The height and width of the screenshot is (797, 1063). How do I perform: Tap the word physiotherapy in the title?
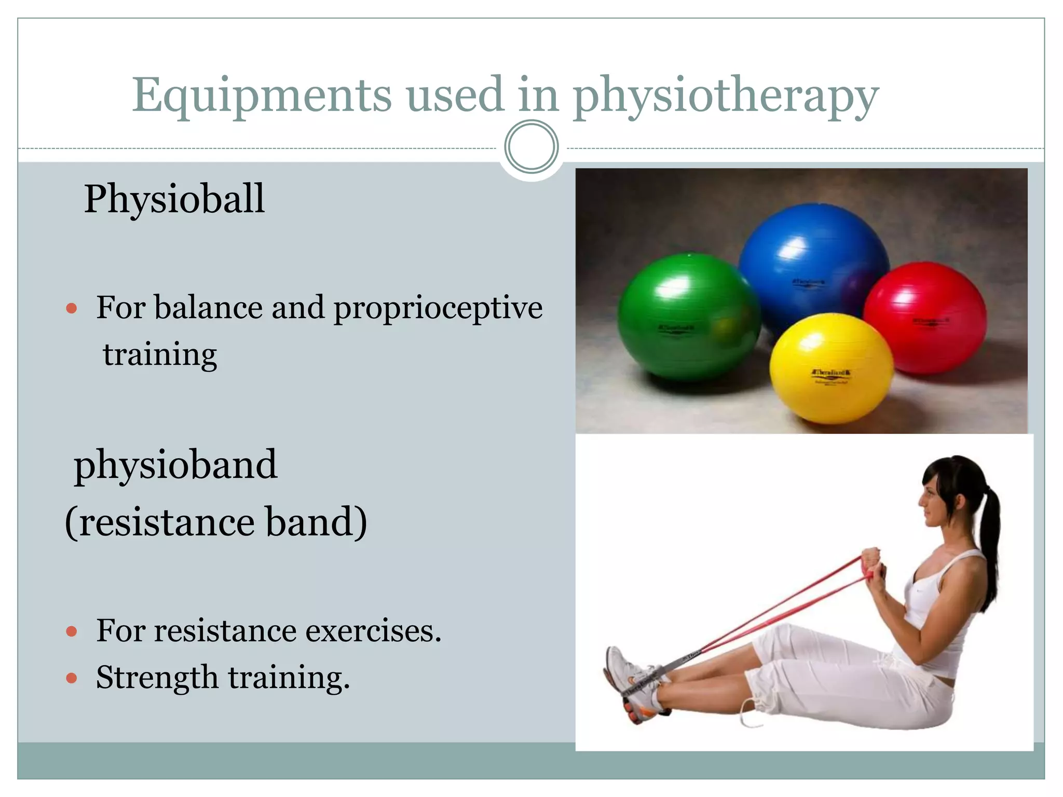tap(726, 97)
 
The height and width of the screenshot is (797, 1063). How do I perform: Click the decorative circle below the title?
tap(531, 147)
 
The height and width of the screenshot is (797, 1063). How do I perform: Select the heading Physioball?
tap(174, 199)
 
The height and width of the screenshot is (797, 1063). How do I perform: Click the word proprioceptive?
tap(438, 308)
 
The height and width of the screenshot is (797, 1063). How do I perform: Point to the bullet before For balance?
tap(72, 309)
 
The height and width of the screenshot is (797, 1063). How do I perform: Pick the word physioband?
tap(175, 465)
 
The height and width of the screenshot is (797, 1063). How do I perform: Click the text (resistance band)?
tap(215, 522)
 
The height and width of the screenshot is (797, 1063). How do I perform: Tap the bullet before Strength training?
tap(72, 678)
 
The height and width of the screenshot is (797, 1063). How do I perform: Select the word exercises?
tap(373, 631)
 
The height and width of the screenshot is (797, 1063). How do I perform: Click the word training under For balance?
tap(160, 355)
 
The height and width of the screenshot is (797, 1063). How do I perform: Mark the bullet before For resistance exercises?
tap(72, 631)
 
